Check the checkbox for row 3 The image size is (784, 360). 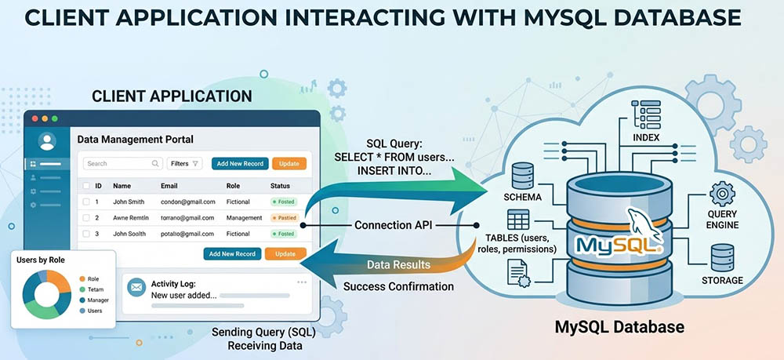point(85,234)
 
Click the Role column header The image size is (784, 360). point(233,186)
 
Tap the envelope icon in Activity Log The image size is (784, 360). point(136,289)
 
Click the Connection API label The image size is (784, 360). point(394,224)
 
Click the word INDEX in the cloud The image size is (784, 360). point(647,138)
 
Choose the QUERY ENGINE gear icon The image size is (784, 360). point(721,193)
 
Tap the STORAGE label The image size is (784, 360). point(722,280)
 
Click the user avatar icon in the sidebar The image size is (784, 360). point(47,142)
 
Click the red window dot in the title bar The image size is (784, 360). point(34,118)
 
